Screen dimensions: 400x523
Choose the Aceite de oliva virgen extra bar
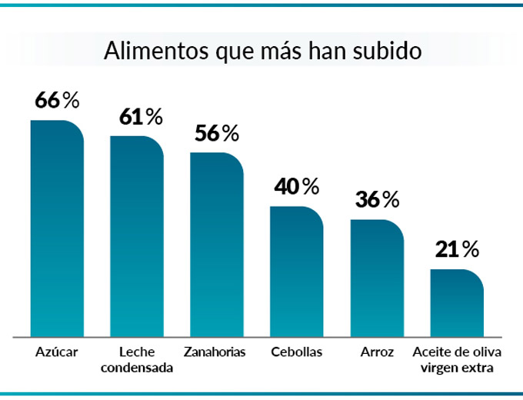[457, 303]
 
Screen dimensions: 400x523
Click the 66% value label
[57, 100]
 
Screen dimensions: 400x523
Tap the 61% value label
[140, 117]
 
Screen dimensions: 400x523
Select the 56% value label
[218, 133]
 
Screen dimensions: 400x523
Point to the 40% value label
[297, 186]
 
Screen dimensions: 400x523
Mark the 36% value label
[377, 200]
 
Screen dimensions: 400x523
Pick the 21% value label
[457, 249]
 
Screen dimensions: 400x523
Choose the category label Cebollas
[297, 352]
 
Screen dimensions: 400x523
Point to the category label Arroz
[377, 352]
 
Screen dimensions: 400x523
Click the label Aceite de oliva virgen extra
[457, 359]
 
